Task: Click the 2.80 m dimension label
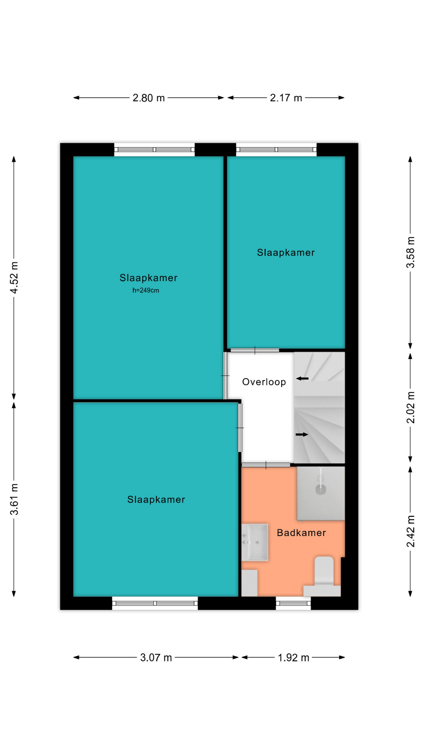148,98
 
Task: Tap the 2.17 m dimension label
286,98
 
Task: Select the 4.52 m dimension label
14,278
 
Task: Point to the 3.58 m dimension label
410,252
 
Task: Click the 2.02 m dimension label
410,407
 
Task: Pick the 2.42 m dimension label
410,531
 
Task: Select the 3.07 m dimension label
156,657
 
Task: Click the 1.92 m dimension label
293,657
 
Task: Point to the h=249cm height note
146,291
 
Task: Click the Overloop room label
264,382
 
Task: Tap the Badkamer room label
301,533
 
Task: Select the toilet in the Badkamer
322,576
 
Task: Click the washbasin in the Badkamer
254,542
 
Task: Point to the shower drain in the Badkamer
321,490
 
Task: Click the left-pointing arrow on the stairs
302,378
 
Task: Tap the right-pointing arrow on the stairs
302,435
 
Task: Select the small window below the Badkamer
293,603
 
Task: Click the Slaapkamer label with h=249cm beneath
148,278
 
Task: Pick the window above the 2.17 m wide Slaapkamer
276,149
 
